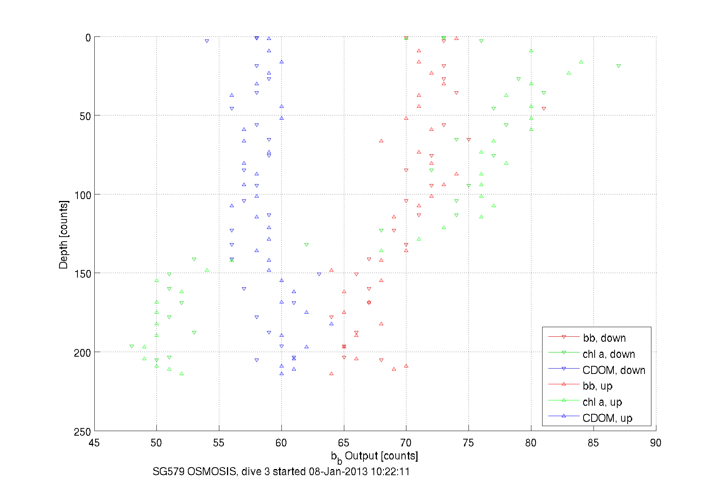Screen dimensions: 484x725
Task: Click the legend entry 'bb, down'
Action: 604,338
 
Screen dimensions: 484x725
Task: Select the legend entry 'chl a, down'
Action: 608,354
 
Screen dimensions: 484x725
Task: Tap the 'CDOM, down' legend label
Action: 613,370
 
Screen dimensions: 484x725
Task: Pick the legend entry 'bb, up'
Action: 597,386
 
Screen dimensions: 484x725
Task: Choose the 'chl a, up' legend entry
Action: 602,402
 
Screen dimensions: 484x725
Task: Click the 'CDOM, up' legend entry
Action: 607,418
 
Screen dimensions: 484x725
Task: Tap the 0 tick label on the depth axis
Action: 88,38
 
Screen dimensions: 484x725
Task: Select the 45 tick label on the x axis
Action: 94,443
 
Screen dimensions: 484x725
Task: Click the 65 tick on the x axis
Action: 344,443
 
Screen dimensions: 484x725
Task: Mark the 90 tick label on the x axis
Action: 656,443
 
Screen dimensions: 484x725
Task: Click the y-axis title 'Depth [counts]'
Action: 64,234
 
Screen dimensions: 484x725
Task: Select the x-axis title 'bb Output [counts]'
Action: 374,456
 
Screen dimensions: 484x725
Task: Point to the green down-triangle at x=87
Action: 618,66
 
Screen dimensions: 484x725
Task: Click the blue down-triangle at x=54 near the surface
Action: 207,41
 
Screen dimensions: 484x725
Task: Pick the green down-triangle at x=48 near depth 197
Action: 132,346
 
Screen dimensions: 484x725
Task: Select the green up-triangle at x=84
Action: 581,62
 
